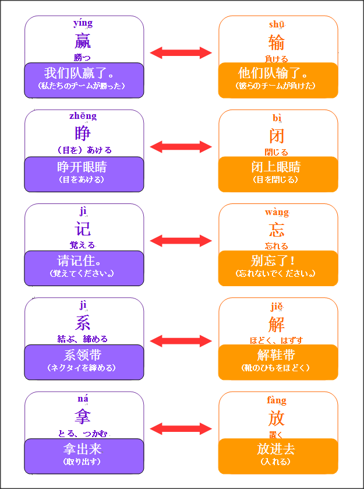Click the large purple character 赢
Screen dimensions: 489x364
pyautogui.click(x=83, y=41)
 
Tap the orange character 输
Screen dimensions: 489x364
pyautogui.click(x=277, y=42)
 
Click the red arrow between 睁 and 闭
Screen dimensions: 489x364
pyautogui.click(x=181, y=146)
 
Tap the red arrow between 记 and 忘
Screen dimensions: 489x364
pyautogui.click(x=181, y=240)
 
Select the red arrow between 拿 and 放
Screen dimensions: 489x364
pyautogui.click(x=181, y=428)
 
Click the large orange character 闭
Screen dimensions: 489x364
pyautogui.click(x=277, y=136)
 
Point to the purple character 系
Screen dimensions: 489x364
pyautogui.click(x=83, y=322)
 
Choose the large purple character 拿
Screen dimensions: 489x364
pyautogui.click(x=83, y=417)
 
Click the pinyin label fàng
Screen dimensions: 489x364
pyautogui.click(x=277, y=400)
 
